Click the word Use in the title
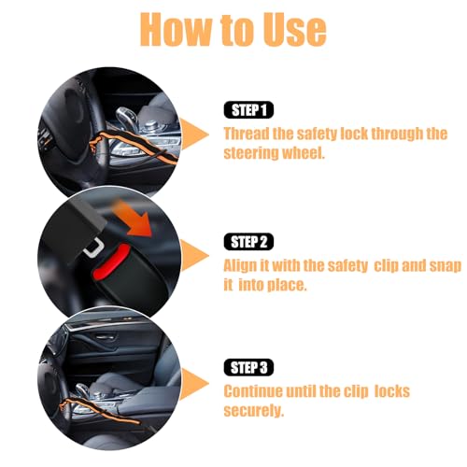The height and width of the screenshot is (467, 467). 294,31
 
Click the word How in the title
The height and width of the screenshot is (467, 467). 176,30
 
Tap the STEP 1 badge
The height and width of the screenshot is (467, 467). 248,110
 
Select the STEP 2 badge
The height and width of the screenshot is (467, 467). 248,242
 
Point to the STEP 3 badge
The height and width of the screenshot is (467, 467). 248,367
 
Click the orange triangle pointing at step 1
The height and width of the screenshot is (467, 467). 192,134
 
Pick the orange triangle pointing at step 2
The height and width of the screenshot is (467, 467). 192,256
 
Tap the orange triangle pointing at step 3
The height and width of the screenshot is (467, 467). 192,384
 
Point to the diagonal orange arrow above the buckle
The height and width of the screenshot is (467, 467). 134,219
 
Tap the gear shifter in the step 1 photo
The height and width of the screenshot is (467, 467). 125,119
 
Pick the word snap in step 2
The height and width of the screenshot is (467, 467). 446,266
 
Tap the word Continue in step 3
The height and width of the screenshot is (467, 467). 253,391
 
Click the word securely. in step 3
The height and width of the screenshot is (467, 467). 254,411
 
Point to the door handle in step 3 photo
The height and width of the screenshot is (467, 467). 106,337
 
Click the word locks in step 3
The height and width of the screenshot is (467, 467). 392,391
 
